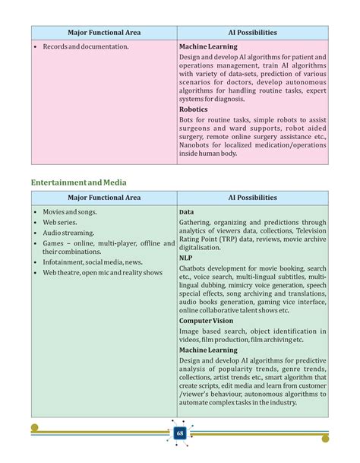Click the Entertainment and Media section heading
[x=78, y=182]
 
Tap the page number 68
[x=180, y=433]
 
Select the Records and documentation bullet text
[x=86, y=46]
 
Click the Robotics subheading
[x=193, y=109]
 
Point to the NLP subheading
[x=185, y=257]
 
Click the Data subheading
[x=186, y=211]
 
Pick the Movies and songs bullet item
[x=70, y=211]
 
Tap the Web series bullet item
[x=62, y=222]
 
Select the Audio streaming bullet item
[x=68, y=233]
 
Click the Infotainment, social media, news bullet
[x=93, y=262]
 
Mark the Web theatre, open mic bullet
[x=103, y=272]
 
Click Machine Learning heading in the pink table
[x=208, y=46]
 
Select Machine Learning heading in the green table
[x=208, y=350]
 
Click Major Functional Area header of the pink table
[x=104, y=33]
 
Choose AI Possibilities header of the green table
[x=252, y=198]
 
